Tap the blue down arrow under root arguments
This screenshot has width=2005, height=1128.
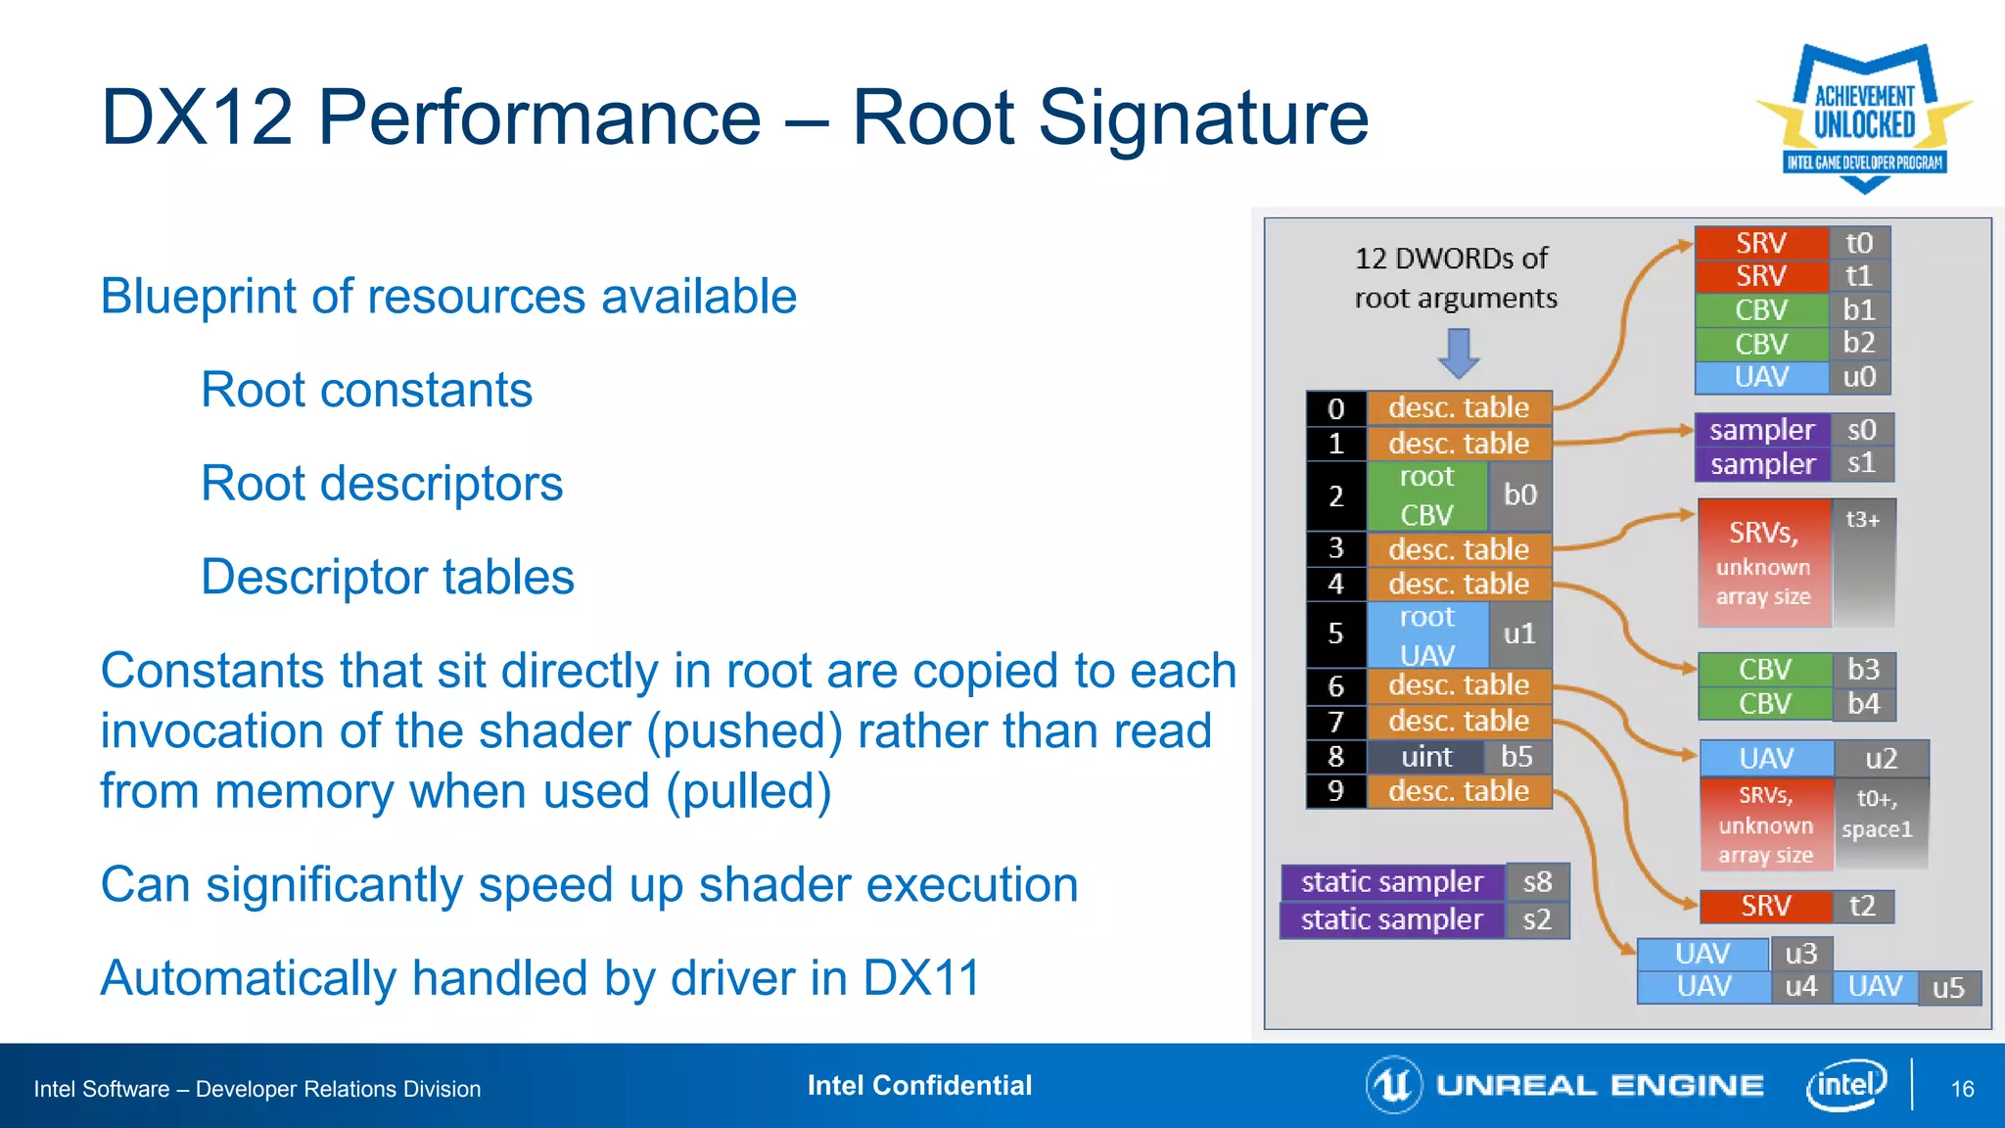(1459, 352)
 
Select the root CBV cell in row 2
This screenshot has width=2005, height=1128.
(1426, 495)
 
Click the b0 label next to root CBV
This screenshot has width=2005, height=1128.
(1519, 495)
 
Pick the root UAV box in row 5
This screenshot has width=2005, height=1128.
(1426, 634)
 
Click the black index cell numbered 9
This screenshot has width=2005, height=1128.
(1335, 791)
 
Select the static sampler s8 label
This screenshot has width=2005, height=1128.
(1537, 882)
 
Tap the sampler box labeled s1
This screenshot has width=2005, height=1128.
(1762, 464)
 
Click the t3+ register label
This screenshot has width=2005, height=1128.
(1862, 520)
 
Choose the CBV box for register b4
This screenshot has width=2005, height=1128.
(1764, 704)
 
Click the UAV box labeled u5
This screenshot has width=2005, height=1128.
(1875, 986)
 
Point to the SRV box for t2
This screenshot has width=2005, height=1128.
(1765, 907)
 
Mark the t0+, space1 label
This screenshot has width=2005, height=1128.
(1877, 814)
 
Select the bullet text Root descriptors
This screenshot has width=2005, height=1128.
(382, 484)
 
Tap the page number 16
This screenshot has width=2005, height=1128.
(1962, 1089)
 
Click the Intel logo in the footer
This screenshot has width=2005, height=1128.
(1845, 1085)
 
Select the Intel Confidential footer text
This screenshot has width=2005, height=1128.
(919, 1086)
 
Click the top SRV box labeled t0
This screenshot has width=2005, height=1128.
(1761, 243)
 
